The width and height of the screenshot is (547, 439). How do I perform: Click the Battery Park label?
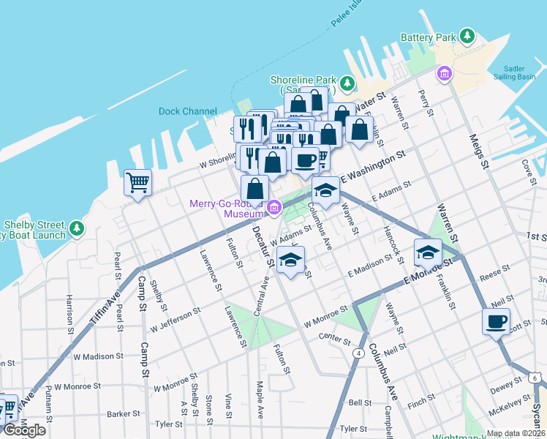pyautogui.click(x=428, y=37)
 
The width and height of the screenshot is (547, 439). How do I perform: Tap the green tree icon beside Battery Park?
pyautogui.click(x=466, y=37)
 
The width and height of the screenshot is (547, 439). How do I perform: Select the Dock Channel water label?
pyautogui.click(x=188, y=111)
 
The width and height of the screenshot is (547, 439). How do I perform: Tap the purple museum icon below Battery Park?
pyautogui.click(x=443, y=74)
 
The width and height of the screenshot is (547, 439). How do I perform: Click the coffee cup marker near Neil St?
pyautogui.click(x=496, y=320)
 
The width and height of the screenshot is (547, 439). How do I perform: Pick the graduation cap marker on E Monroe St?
pyautogui.click(x=428, y=252)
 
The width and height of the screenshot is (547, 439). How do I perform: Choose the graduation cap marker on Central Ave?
pyautogui.click(x=290, y=260)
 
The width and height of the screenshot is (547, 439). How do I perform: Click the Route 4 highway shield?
pyautogui.click(x=358, y=353)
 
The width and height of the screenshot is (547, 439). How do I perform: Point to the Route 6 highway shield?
pyautogui.click(x=536, y=378)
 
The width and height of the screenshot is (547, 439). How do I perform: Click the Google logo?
pyautogui.click(x=24, y=430)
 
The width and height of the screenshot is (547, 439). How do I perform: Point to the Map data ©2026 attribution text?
pyautogui.click(x=515, y=433)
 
